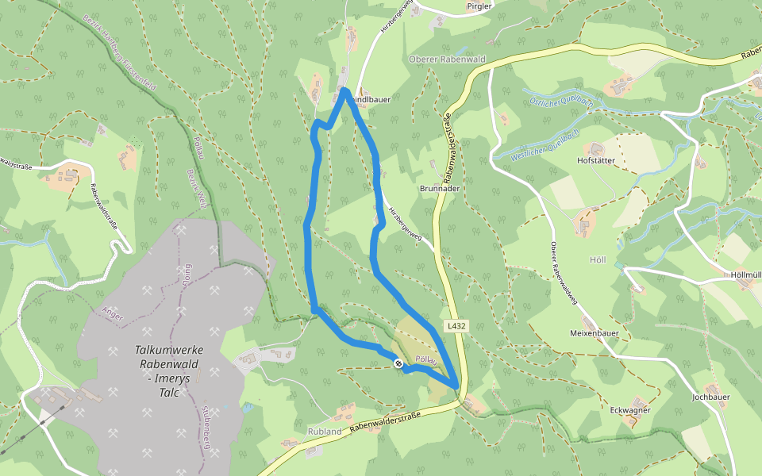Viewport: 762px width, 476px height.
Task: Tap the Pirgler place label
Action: point(480,6)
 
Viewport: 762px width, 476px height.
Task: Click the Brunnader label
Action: point(439,190)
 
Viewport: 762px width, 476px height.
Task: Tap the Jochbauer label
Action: point(710,396)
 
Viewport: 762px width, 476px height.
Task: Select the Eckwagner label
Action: point(631,410)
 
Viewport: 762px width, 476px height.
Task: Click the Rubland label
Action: point(324,432)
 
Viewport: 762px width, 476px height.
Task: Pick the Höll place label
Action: point(598,260)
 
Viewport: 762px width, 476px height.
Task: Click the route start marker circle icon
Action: point(398,363)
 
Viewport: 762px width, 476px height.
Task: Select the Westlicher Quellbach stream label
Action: point(545,145)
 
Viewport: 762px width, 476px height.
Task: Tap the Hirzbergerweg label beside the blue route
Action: point(404,224)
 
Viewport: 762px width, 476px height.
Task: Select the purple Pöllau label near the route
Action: point(428,359)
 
